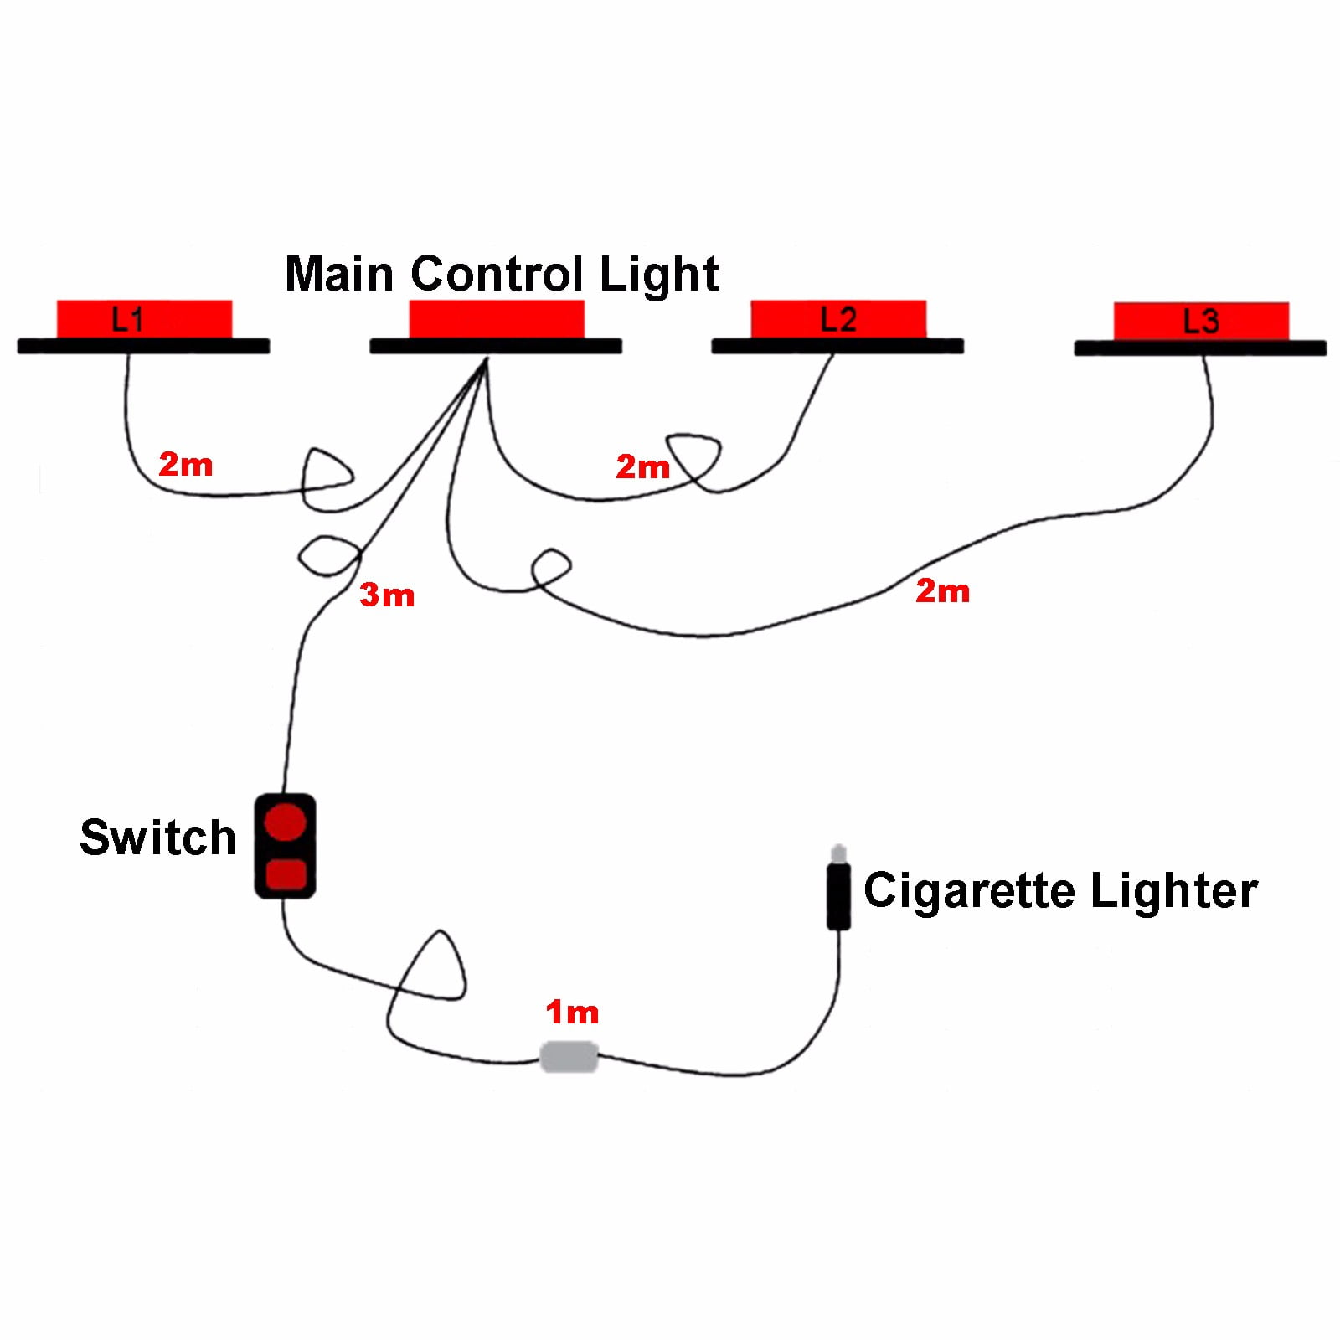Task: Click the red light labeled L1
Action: point(144,319)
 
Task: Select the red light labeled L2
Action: point(838,319)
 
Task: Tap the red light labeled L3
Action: point(1201,322)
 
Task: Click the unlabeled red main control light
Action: point(496,319)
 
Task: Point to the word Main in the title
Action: point(340,274)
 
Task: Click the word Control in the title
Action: point(497,274)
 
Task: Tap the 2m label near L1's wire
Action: point(186,464)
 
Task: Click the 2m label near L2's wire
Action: point(643,466)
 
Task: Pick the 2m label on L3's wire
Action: point(943,590)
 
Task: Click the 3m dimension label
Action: point(387,595)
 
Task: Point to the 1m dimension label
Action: point(573,1012)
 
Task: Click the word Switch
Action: point(157,837)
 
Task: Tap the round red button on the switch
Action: point(285,822)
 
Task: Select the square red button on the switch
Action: point(286,874)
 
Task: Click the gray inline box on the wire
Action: point(569,1056)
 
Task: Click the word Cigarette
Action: point(969,890)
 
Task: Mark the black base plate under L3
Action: point(1200,348)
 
